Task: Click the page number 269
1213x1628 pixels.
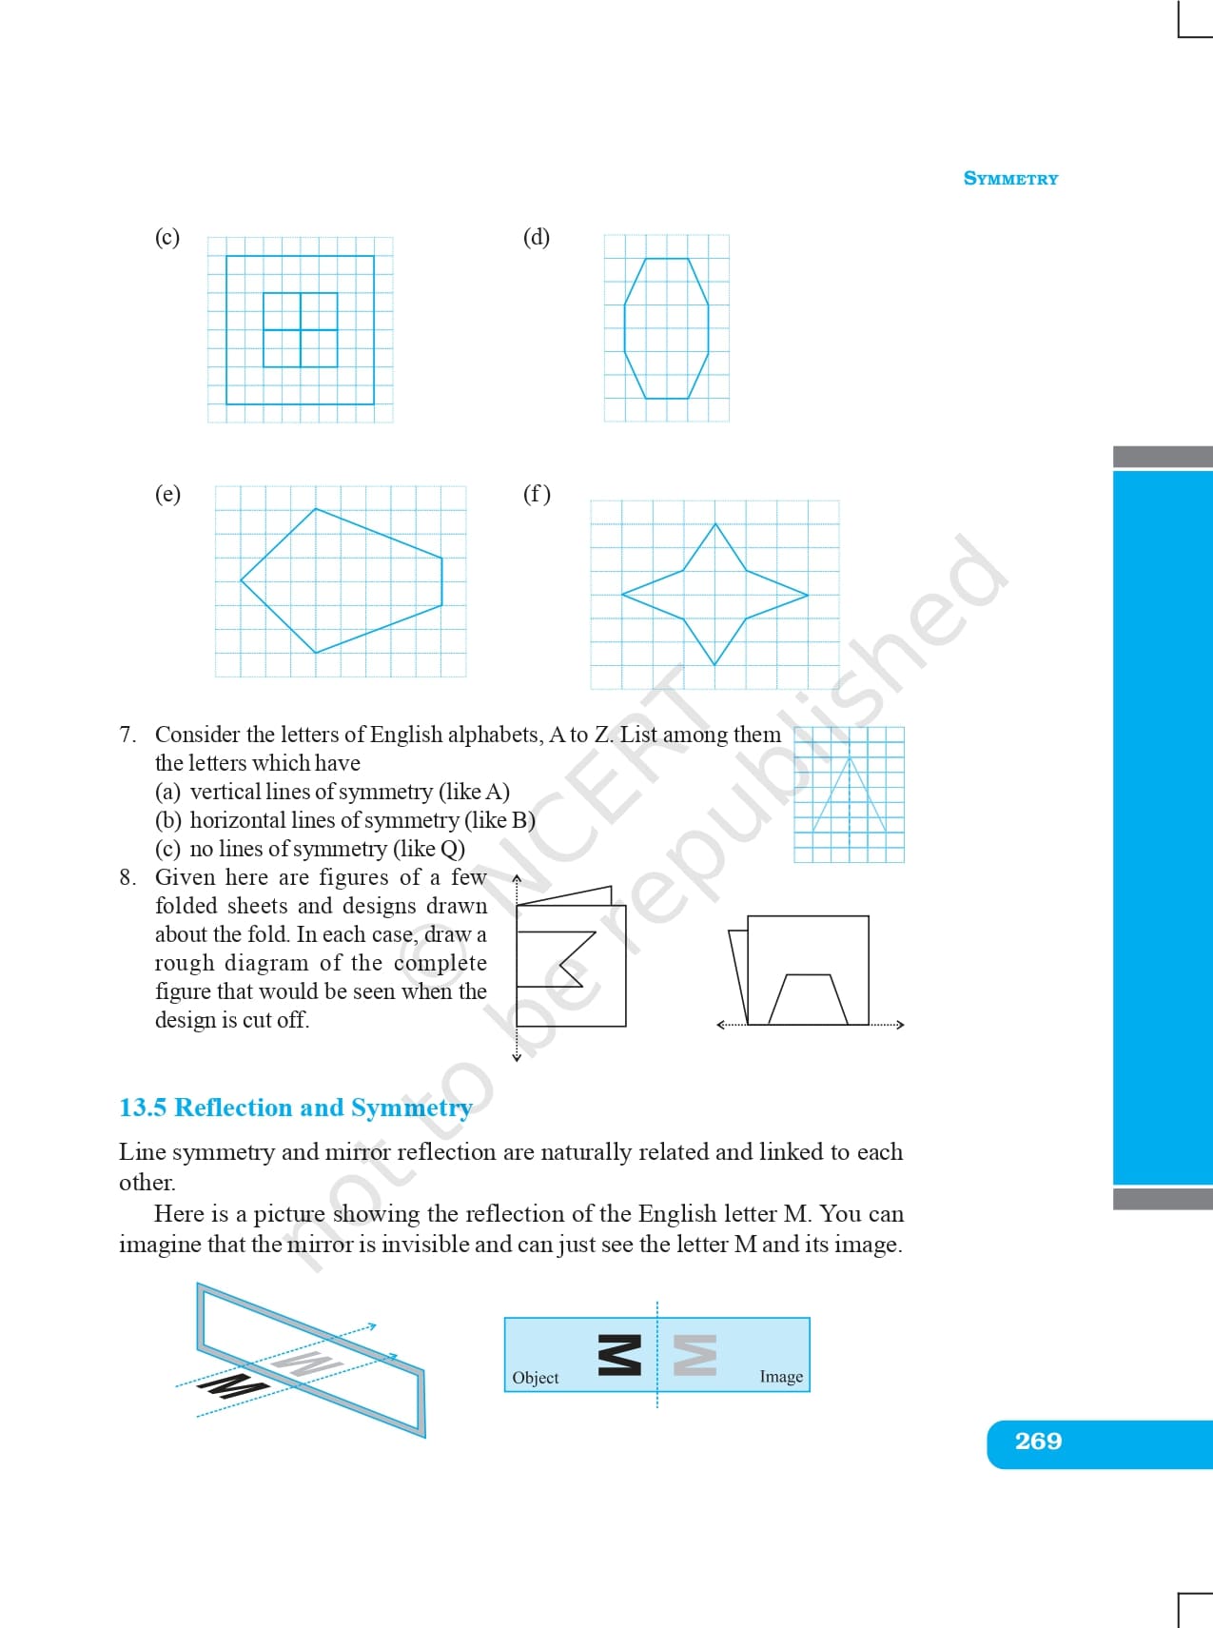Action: point(1038,1442)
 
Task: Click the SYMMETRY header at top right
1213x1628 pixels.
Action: point(1010,179)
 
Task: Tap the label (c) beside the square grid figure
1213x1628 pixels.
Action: point(167,237)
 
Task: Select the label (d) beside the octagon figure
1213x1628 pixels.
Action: point(537,237)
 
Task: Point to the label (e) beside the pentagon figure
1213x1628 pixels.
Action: point(167,494)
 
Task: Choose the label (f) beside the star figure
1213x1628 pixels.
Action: point(537,494)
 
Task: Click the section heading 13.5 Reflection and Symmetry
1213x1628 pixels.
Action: point(295,1108)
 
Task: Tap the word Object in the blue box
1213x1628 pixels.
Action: point(536,1378)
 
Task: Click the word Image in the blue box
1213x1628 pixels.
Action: point(781,1377)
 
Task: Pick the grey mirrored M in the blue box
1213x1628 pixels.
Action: point(695,1355)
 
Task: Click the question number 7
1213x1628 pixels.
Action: point(127,735)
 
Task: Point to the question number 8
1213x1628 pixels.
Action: point(127,877)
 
